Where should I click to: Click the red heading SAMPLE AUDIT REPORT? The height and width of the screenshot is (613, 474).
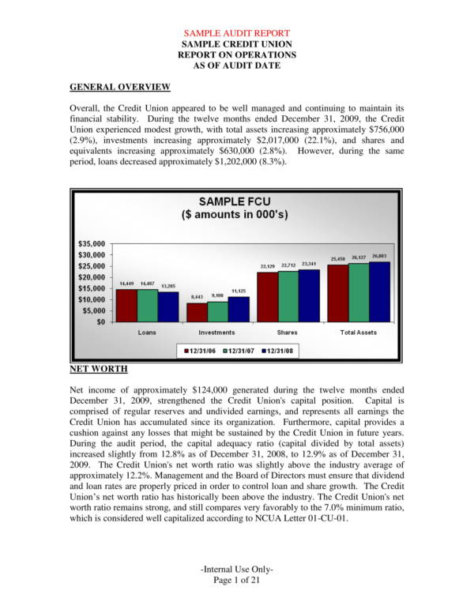coord(236,33)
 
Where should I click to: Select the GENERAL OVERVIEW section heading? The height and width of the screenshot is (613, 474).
coord(120,86)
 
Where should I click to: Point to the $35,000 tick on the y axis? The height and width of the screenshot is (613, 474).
coord(92,243)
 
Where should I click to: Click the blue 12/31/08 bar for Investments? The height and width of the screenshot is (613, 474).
coord(238,309)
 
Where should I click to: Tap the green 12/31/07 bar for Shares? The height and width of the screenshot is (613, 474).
coord(288,296)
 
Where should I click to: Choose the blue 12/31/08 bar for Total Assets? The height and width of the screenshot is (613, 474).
coord(381,291)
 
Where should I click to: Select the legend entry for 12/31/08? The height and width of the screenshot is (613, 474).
coord(278,350)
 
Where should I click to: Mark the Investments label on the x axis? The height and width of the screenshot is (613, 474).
coord(216,333)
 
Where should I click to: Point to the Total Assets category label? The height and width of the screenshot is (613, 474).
coord(359,333)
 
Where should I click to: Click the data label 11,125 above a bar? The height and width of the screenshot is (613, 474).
coord(239,291)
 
